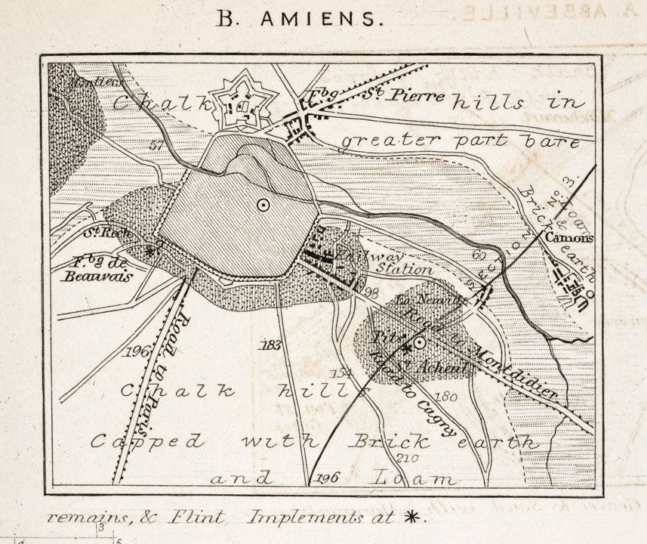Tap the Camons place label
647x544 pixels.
click(571, 238)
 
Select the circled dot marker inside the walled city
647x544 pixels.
click(262, 203)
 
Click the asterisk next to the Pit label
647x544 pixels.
click(406, 348)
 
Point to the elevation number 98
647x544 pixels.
click(370, 292)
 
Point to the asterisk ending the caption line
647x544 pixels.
click(411, 518)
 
